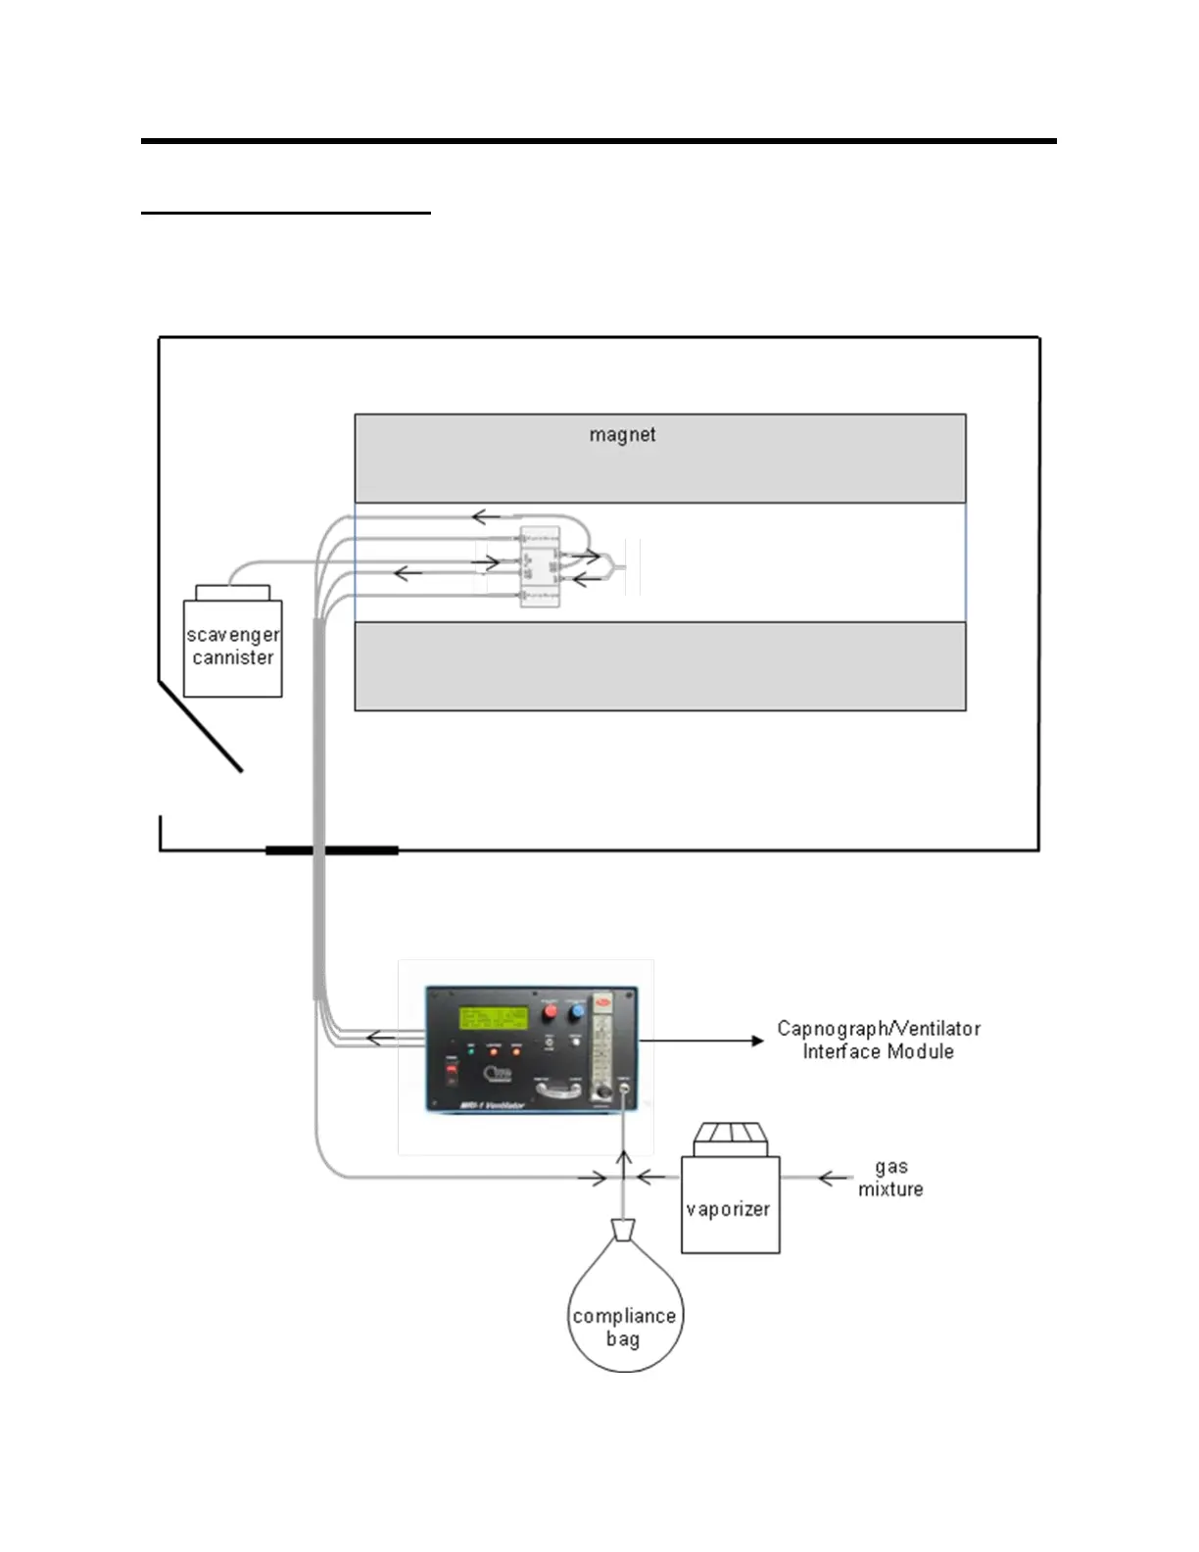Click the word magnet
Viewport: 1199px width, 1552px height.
pos(622,434)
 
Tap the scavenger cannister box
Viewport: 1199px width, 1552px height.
pos(233,648)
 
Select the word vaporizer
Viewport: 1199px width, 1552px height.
pos(728,1209)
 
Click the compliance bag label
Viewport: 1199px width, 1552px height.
pos(624,1327)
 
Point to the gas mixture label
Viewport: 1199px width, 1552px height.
pos(890,1178)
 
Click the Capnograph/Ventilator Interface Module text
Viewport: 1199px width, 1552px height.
pos(878,1040)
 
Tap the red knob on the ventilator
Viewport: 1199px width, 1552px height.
pos(551,1010)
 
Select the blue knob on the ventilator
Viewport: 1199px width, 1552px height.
pos(577,1010)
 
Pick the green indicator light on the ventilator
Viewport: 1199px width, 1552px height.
pos(471,1050)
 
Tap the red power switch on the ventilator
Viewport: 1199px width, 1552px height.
pos(453,1072)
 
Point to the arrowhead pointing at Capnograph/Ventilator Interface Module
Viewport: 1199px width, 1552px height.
pos(757,1041)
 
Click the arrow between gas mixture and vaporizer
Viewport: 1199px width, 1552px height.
pos(834,1178)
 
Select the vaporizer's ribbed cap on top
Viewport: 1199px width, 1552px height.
pos(731,1139)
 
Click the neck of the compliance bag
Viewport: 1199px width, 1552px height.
pos(623,1230)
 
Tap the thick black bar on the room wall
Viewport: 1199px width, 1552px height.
pos(331,849)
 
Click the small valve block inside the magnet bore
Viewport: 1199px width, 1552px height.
pos(540,567)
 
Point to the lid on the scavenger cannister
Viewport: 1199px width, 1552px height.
pos(232,593)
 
